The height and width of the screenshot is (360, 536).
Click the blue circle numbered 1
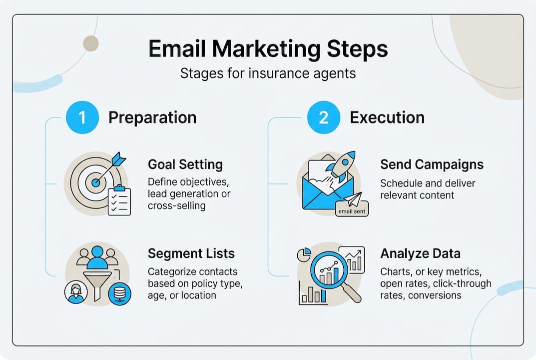pyautogui.click(x=82, y=118)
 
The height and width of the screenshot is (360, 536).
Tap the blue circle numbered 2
pyautogui.click(x=324, y=118)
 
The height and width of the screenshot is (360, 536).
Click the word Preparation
pyautogui.click(x=152, y=118)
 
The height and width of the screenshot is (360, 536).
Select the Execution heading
pyautogui.click(x=387, y=118)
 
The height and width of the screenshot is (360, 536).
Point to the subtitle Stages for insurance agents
pyautogui.click(x=268, y=74)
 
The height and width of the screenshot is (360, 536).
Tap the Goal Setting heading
pyautogui.click(x=185, y=164)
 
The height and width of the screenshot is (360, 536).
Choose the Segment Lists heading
pyautogui.click(x=191, y=253)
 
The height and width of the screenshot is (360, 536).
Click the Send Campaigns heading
pyautogui.click(x=431, y=164)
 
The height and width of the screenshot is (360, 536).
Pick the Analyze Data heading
pyautogui.click(x=420, y=253)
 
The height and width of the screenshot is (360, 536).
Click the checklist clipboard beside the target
pyautogui.click(x=119, y=200)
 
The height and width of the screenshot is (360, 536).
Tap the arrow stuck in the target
pyautogui.click(x=108, y=165)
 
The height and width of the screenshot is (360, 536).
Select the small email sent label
pyautogui.click(x=352, y=210)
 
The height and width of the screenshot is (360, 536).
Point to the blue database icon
pyautogui.click(x=120, y=293)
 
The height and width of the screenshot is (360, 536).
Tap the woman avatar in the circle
pyautogui.click(x=76, y=292)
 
